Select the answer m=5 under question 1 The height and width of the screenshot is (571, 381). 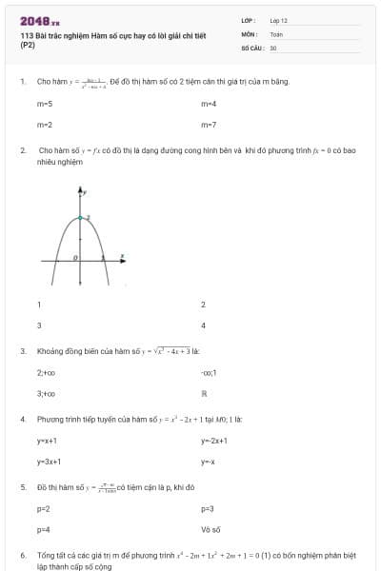tap(45, 103)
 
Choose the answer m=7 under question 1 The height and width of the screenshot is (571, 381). tap(209, 124)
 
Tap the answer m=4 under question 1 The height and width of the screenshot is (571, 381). tap(209, 103)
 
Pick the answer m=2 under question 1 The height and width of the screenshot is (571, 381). tap(45, 124)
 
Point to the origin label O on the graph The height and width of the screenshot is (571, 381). tap(76, 258)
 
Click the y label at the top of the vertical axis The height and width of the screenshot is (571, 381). tap(87, 193)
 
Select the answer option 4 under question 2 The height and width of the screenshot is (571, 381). tap(204, 325)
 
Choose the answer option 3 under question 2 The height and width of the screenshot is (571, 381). tap(39, 325)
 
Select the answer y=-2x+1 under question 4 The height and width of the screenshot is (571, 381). tap(215, 441)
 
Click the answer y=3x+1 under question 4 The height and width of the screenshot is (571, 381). tap(50, 462)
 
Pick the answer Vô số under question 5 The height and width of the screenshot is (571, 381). tap(211, 529)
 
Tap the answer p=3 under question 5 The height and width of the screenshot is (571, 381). tap(208, 508)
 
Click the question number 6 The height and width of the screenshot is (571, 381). tap(22, 554)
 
